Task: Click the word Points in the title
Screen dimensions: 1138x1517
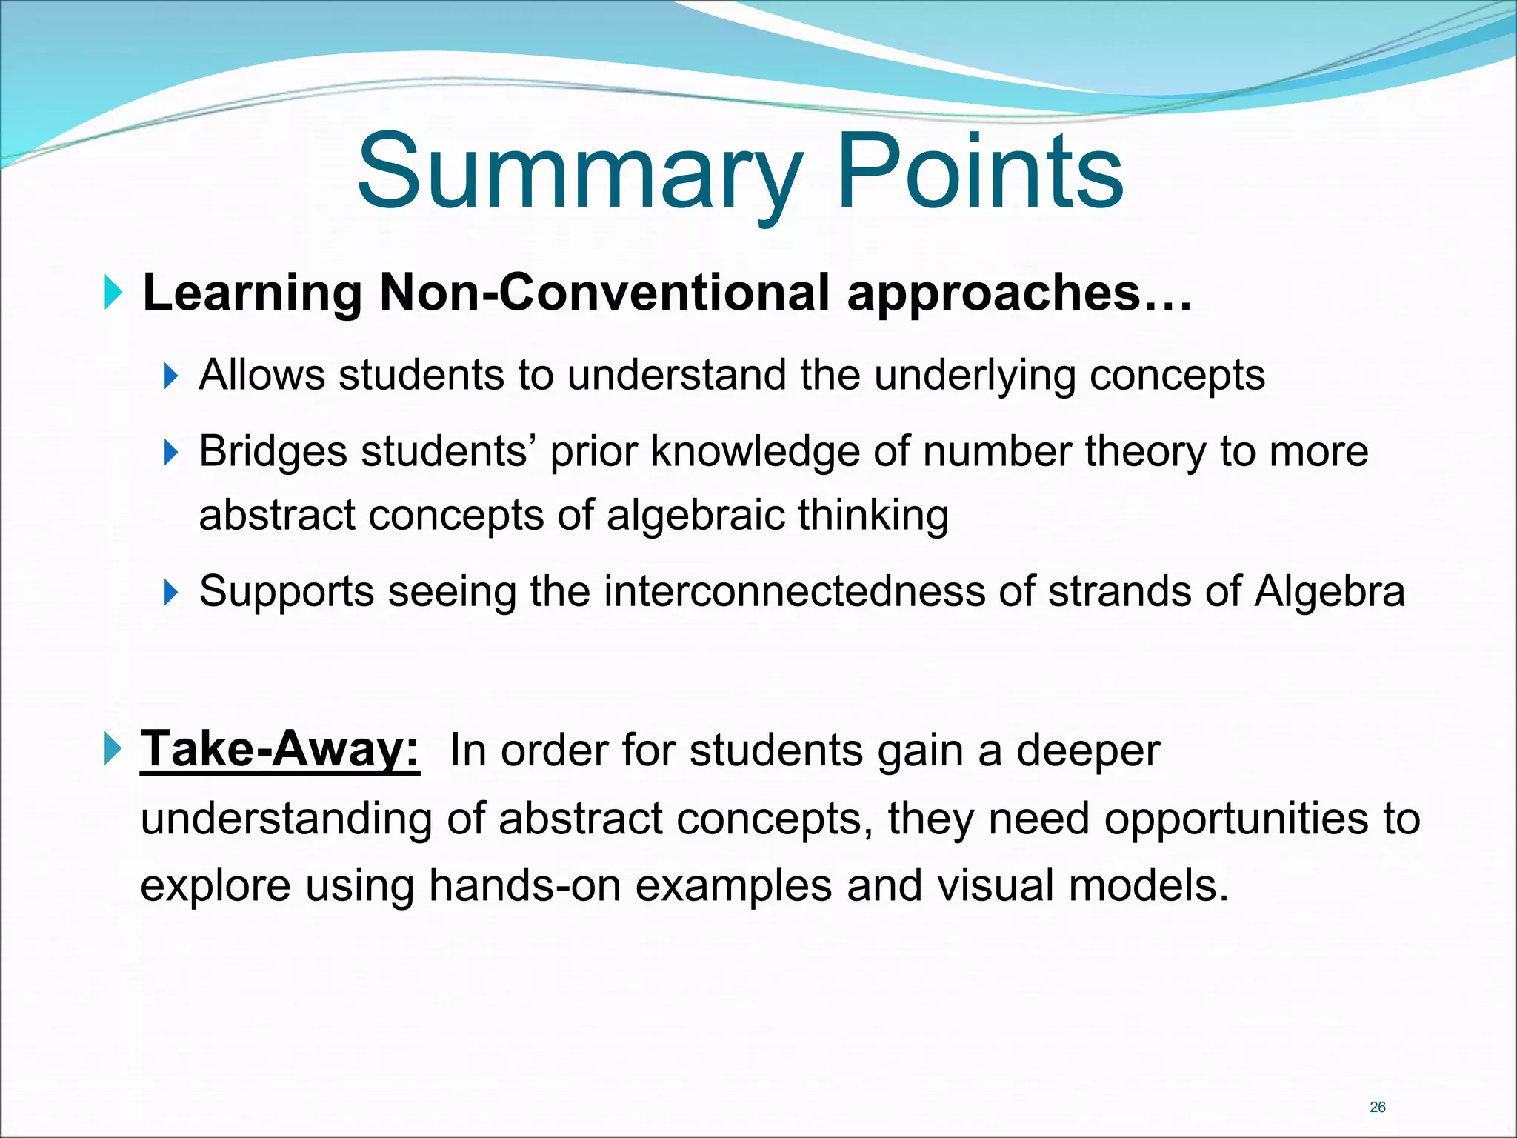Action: pos(979,172)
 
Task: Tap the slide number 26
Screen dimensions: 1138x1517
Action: pos(1378,1107)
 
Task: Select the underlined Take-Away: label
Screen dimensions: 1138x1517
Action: pos(280,750)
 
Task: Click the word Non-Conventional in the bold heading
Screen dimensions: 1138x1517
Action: pos(604,293)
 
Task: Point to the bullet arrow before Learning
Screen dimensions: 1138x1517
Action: pos(113,293)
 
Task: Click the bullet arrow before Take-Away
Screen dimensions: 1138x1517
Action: pos(113,749)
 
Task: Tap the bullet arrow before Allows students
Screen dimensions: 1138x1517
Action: pos(170,376)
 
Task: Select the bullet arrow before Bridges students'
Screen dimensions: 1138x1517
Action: pos(170,451)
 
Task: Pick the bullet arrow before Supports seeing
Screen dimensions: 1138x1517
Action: pos(170,592)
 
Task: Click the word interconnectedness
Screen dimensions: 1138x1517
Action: pos(793,592)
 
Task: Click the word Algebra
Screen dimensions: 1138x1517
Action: pos(1329,592)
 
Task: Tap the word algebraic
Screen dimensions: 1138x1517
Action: pos(694,515)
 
